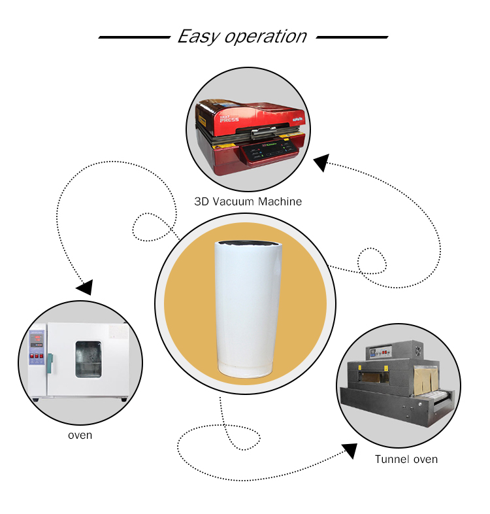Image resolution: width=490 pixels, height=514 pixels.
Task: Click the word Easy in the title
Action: point(198,37)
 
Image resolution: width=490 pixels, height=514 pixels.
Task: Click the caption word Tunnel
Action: point(389,459)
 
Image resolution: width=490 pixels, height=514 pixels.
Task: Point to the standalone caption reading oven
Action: point(80,435)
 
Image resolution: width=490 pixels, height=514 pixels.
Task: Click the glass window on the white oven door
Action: point(88,359)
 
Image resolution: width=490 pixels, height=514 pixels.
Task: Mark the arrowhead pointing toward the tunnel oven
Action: point(350,451)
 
